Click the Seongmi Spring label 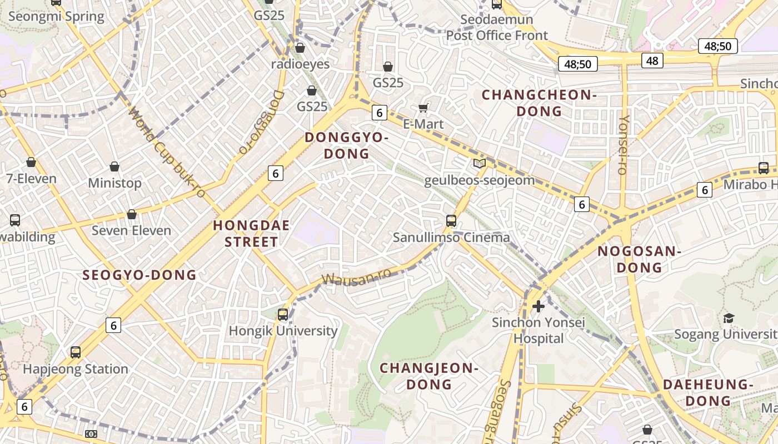pyautogui.click(x=56, y=16)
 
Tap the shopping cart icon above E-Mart pyautogui.click(x=423, y=108)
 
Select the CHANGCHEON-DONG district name pyautogui.click(x=538, y=103)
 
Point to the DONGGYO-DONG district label pyautogui.click(x=346, y=145)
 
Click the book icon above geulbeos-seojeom pyautogui.click(x=479, y=163)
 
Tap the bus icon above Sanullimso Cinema pyautogui.click(x=451, y=221)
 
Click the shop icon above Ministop pyautogui.click(x=114, y=167)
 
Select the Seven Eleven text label pyautogui.click(x=131, y=230)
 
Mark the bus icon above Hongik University pyautogui.click(x=283, y=315)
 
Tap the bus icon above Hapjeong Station pyautogui.click(x=76, y=352)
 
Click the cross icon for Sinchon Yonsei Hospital pyautogui.click(x=538, y=306)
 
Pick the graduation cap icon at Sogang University pyautogui.click(x=728, y=318)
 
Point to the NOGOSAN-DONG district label pyautogui.click(x=639, y=259)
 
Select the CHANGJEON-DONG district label pyautogui.click(x=428, y=376)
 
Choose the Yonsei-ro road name pyautogui.click(x=624, y=145)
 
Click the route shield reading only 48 pyautogui.click(x=652, y=60)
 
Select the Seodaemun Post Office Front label pyautogui.click(x=497, y=28)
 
